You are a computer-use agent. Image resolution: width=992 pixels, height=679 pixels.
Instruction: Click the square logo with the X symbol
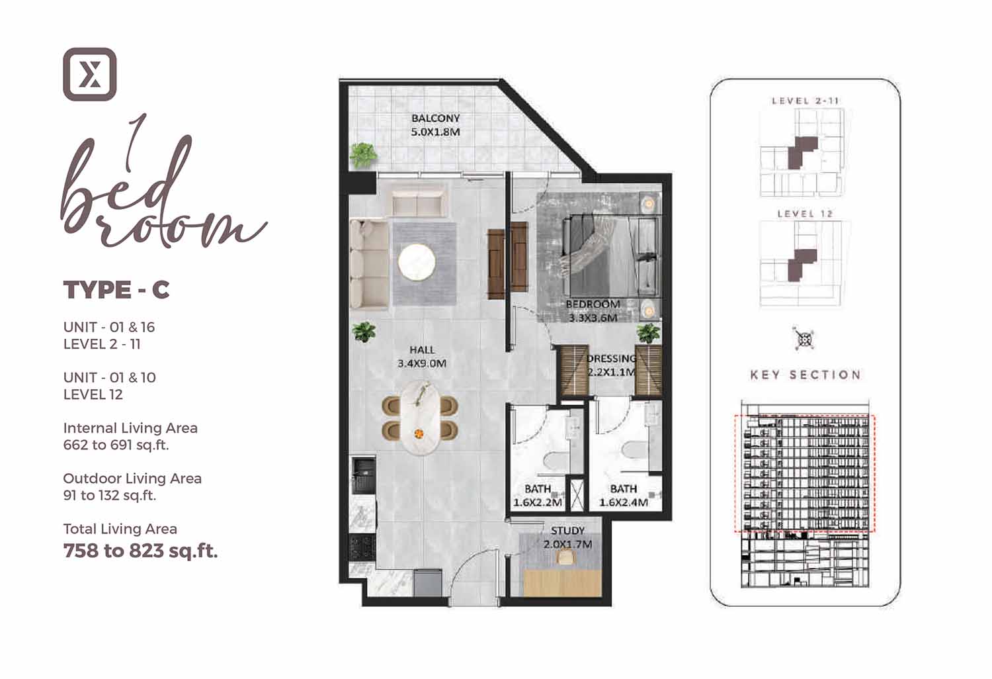pyautogui.click(x=90, y=75)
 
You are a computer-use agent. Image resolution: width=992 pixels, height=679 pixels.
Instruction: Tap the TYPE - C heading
pyautogui.click(x=116, y=290)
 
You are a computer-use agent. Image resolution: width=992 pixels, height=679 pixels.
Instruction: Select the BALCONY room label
pyautogui.click(x=436, y=118)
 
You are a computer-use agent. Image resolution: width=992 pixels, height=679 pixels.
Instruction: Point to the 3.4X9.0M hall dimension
pyautogui.click(x=422, y=364)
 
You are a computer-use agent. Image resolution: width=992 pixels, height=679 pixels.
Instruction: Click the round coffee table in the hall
pyautogui.click(x=416, y=262)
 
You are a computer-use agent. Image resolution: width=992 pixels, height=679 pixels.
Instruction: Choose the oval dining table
pyautogui.click(x=420, y=418)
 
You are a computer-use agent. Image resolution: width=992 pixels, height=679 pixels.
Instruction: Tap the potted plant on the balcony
pyautogui.click(x=363, y=155)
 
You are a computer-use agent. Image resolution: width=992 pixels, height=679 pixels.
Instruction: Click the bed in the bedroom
pyautogui.click(x=611, y=255)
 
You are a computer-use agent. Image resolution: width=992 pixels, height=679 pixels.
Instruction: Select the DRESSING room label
pyautogui.click(x=611, y=358)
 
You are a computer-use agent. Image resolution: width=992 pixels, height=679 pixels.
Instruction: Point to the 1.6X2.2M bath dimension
pyautogui.click(x=538, y=502)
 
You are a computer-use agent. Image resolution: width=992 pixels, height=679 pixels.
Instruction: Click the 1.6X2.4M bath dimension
pyautogui.click(x=624, y=502)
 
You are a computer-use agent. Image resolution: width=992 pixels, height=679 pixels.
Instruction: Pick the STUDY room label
pyautogui.click(x=567, y=531)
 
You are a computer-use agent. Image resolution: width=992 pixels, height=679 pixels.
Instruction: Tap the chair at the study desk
pyautogui.click(x=564, y=557)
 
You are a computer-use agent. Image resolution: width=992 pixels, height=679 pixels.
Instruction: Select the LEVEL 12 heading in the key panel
pyautogui.click(x=805, y=214)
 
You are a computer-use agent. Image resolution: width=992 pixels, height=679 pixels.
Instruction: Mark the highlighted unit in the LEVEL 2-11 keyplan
pyautogui.click(x=802, y=153)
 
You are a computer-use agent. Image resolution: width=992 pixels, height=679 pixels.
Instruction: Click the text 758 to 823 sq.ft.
pyautogui.click(x=140, y=551)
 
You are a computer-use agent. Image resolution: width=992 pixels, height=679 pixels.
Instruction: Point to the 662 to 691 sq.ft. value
pyautogui.click(x=116, y=445)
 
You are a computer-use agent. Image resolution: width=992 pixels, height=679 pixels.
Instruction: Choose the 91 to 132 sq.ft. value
pyautogui.click(x=110, y=496)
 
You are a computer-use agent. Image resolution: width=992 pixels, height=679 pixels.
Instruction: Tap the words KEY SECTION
pyautogui.click(x=806, y=375)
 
